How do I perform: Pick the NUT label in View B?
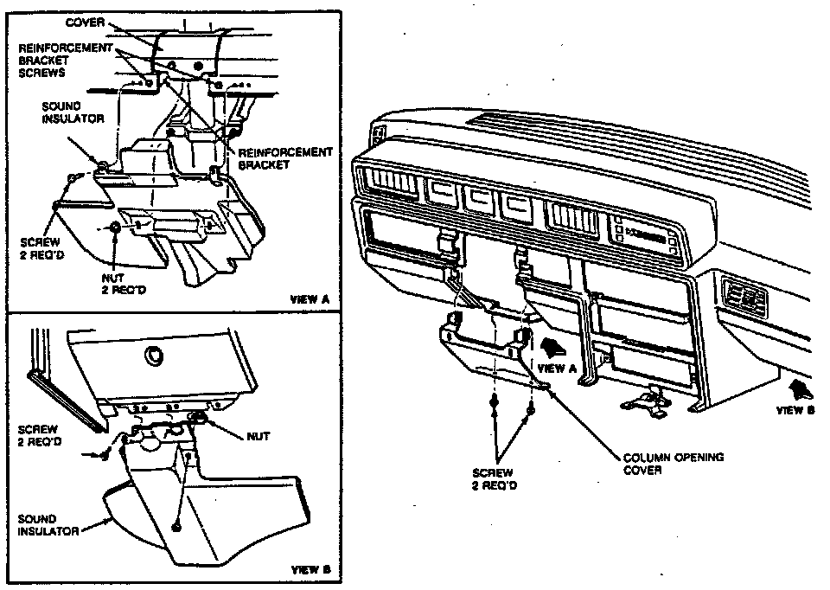258,437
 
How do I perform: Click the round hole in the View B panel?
156,354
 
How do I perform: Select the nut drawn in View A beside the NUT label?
115,228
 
